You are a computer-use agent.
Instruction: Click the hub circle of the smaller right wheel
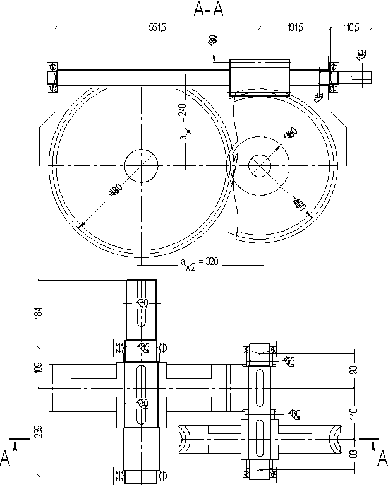coord(259,165)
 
